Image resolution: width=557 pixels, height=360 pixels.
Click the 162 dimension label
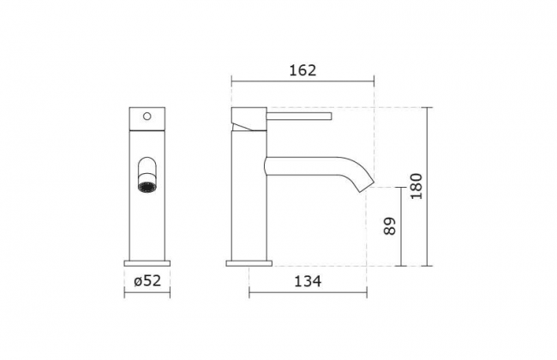tap(302, 70)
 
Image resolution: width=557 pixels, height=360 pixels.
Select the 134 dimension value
tap(308, 281)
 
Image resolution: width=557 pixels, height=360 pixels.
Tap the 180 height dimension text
tap(416, 186)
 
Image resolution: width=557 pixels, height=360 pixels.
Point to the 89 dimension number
tap(390, 226)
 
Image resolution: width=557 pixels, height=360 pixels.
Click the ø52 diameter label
tap(147, 281)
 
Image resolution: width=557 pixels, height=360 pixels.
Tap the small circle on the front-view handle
tap(147, 117)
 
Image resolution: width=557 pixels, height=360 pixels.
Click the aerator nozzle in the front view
tap(147, 187)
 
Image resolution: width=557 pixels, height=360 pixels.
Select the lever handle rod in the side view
tap(299, 117)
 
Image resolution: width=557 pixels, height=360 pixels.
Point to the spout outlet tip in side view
tap(368, 186)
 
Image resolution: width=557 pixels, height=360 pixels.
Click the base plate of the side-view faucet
tap(249, 263)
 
